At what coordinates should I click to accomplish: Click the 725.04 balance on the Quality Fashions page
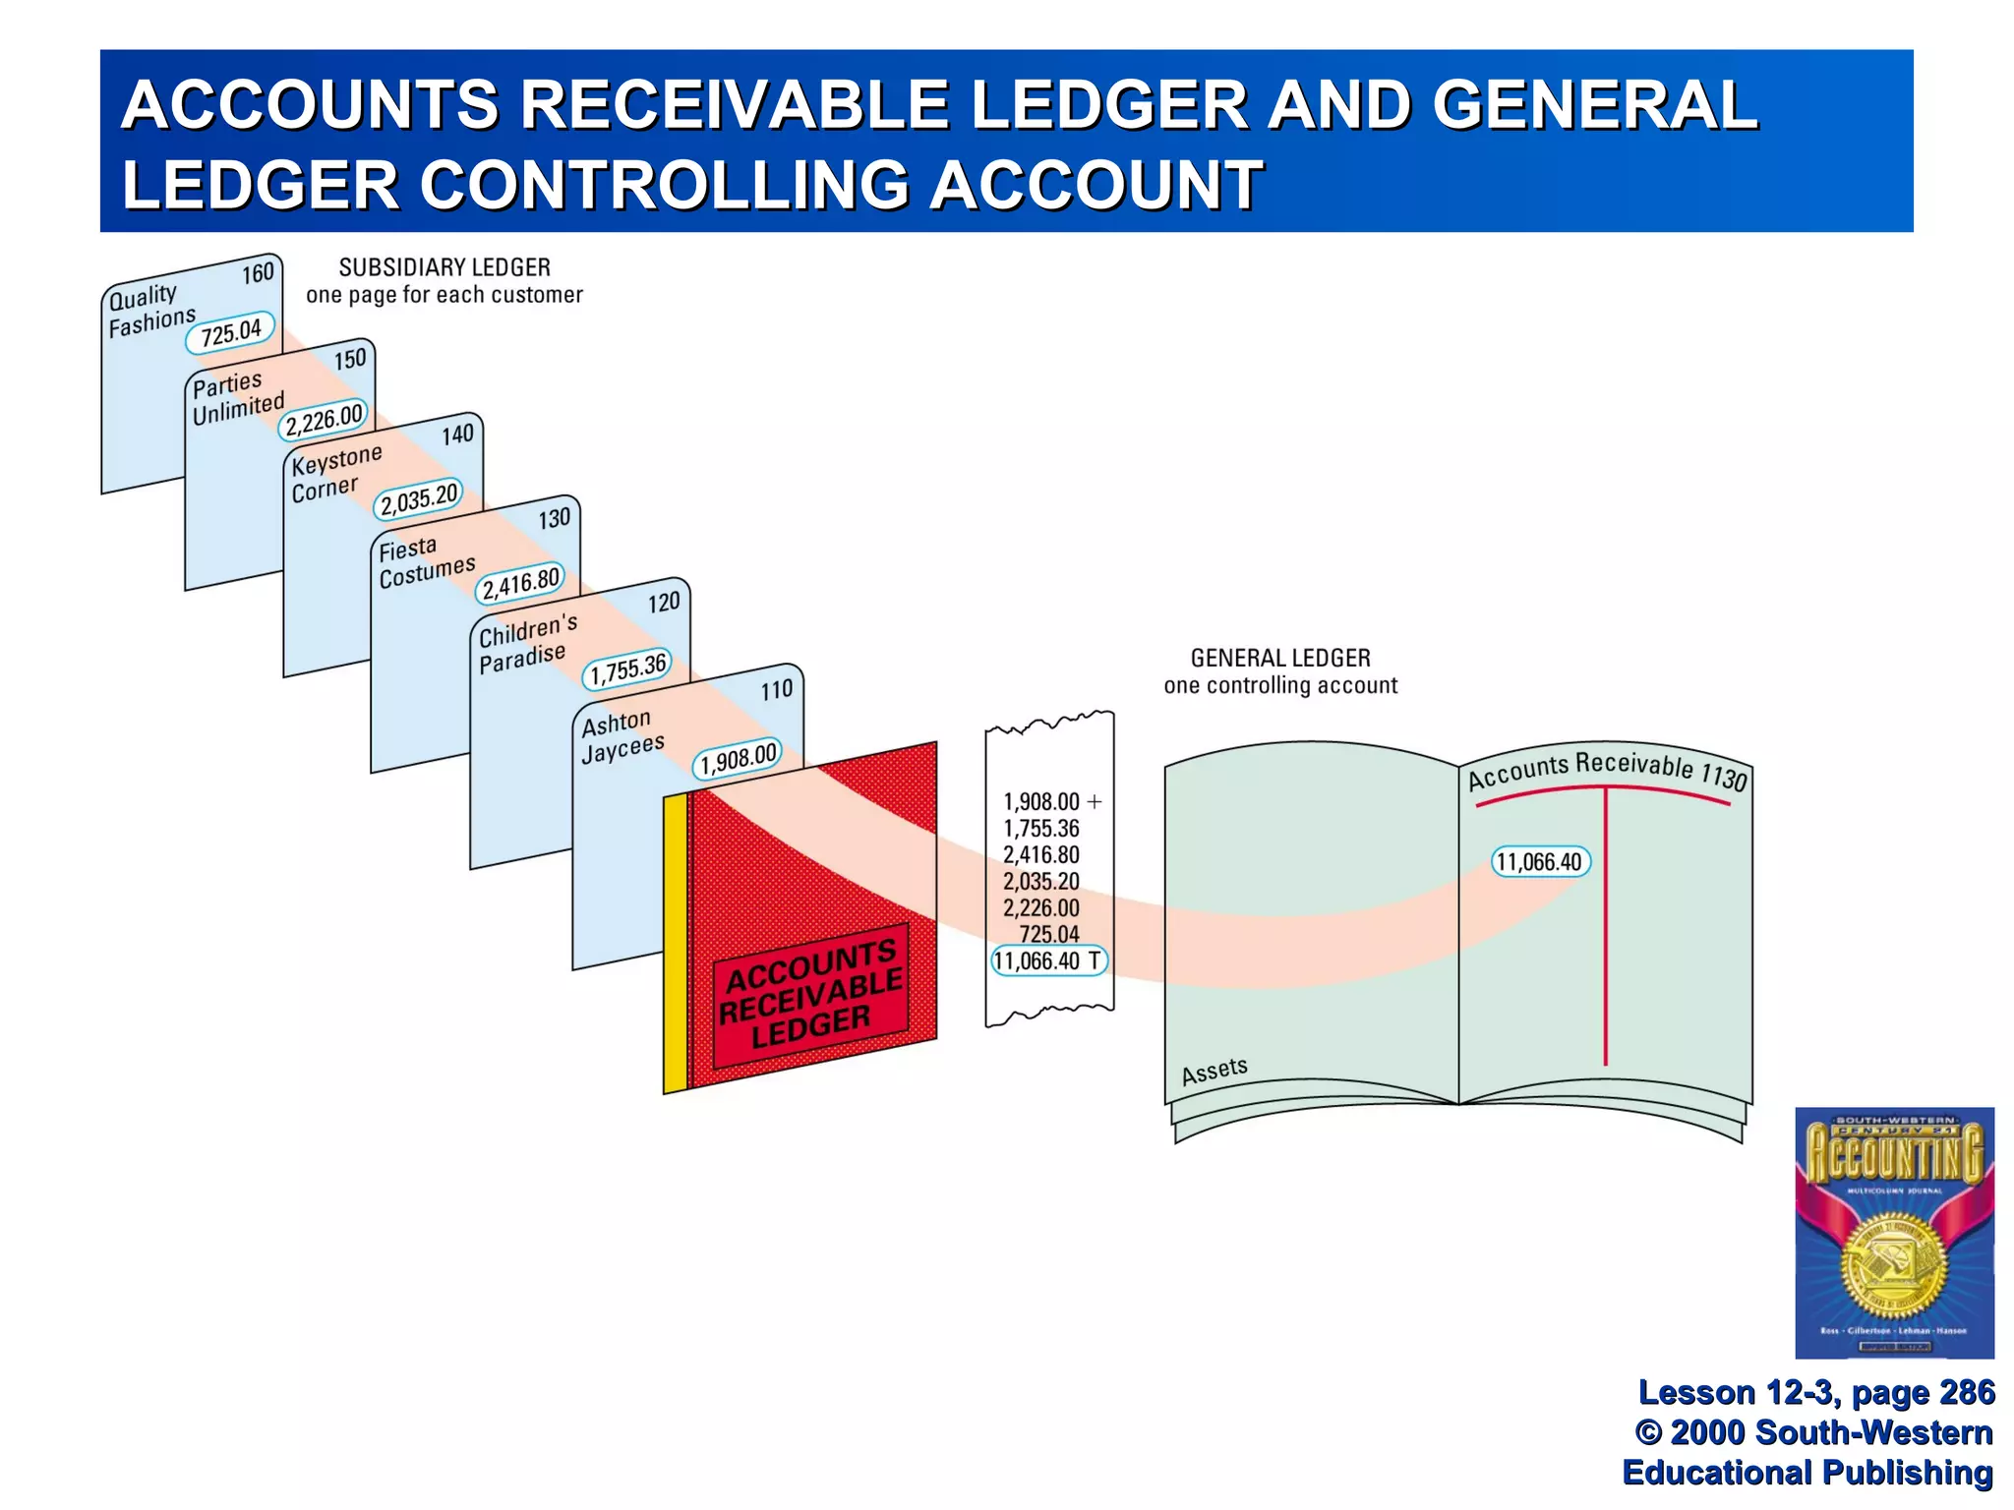[x=231, y=332]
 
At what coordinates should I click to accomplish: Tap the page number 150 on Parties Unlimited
[x=350, y=359]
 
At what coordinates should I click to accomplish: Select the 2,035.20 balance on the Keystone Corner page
[x=419, y=498]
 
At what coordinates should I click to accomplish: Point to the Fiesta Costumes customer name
[x=427, y=561]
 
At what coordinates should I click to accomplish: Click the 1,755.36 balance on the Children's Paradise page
[x=628, y=668]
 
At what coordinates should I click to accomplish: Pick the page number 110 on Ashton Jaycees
[x=777, y=690]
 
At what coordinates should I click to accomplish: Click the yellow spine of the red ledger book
[x=675, y=944]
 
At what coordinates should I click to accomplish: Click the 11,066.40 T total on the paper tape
[x=1048, y=960]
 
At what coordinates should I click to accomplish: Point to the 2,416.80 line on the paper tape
[x=1040, y=855]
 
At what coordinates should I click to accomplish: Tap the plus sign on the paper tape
[x=1095, y=802]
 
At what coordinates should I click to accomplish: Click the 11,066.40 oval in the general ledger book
[x=1540, y=862]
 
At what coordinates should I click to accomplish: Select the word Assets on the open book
[x=1214, y=1071]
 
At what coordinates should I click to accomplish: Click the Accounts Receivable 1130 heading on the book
[x=1607, y=770]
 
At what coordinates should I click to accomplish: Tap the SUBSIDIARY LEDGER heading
[x=444, y=267]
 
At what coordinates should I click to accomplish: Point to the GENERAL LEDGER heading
[x=1280, y=658]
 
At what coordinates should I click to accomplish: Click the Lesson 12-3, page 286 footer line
[x=1816, y=1392]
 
